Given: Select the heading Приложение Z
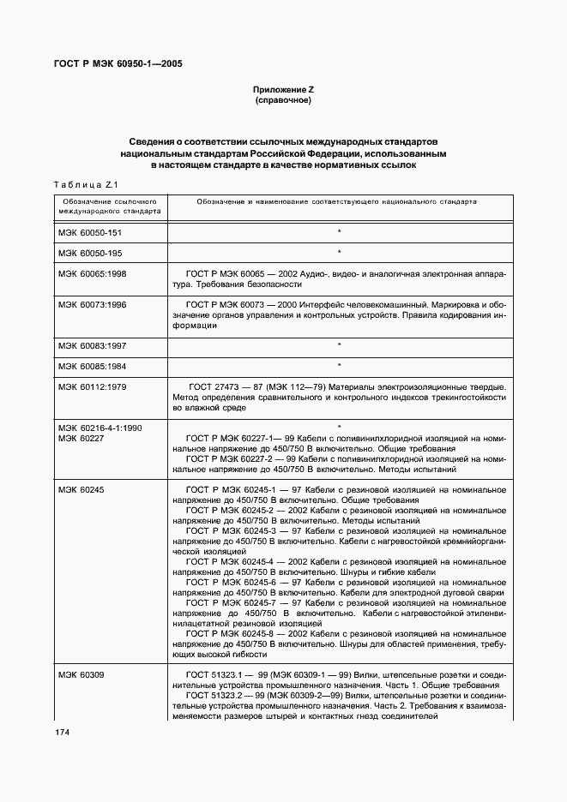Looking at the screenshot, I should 282,90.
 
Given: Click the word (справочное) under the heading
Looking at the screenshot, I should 282,101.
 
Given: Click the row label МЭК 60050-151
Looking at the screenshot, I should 91,232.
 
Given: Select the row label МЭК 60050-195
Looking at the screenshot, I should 91,252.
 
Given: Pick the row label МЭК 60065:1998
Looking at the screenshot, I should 92,273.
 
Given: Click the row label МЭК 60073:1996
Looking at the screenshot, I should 92,304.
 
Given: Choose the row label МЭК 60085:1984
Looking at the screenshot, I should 92,365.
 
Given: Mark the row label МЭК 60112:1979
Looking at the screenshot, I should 92,386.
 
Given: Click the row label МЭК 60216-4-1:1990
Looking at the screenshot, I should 100,427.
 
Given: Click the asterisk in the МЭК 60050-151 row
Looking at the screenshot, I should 340,232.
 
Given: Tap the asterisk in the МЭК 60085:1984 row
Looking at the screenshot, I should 340,366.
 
